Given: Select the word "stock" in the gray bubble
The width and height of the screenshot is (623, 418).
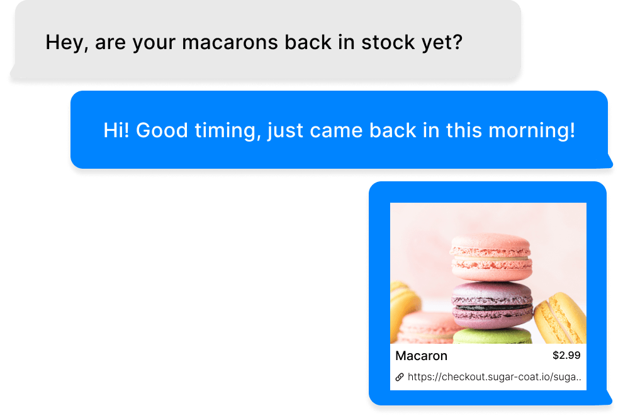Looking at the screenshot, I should [383, 43].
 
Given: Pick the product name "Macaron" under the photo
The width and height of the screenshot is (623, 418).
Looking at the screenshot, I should [421, 356].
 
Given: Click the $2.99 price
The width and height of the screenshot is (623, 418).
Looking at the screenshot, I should [566, 356].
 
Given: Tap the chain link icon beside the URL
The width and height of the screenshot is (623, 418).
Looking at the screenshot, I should [399, 377].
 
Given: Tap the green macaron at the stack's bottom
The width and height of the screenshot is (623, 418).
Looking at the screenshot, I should [492, 336].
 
